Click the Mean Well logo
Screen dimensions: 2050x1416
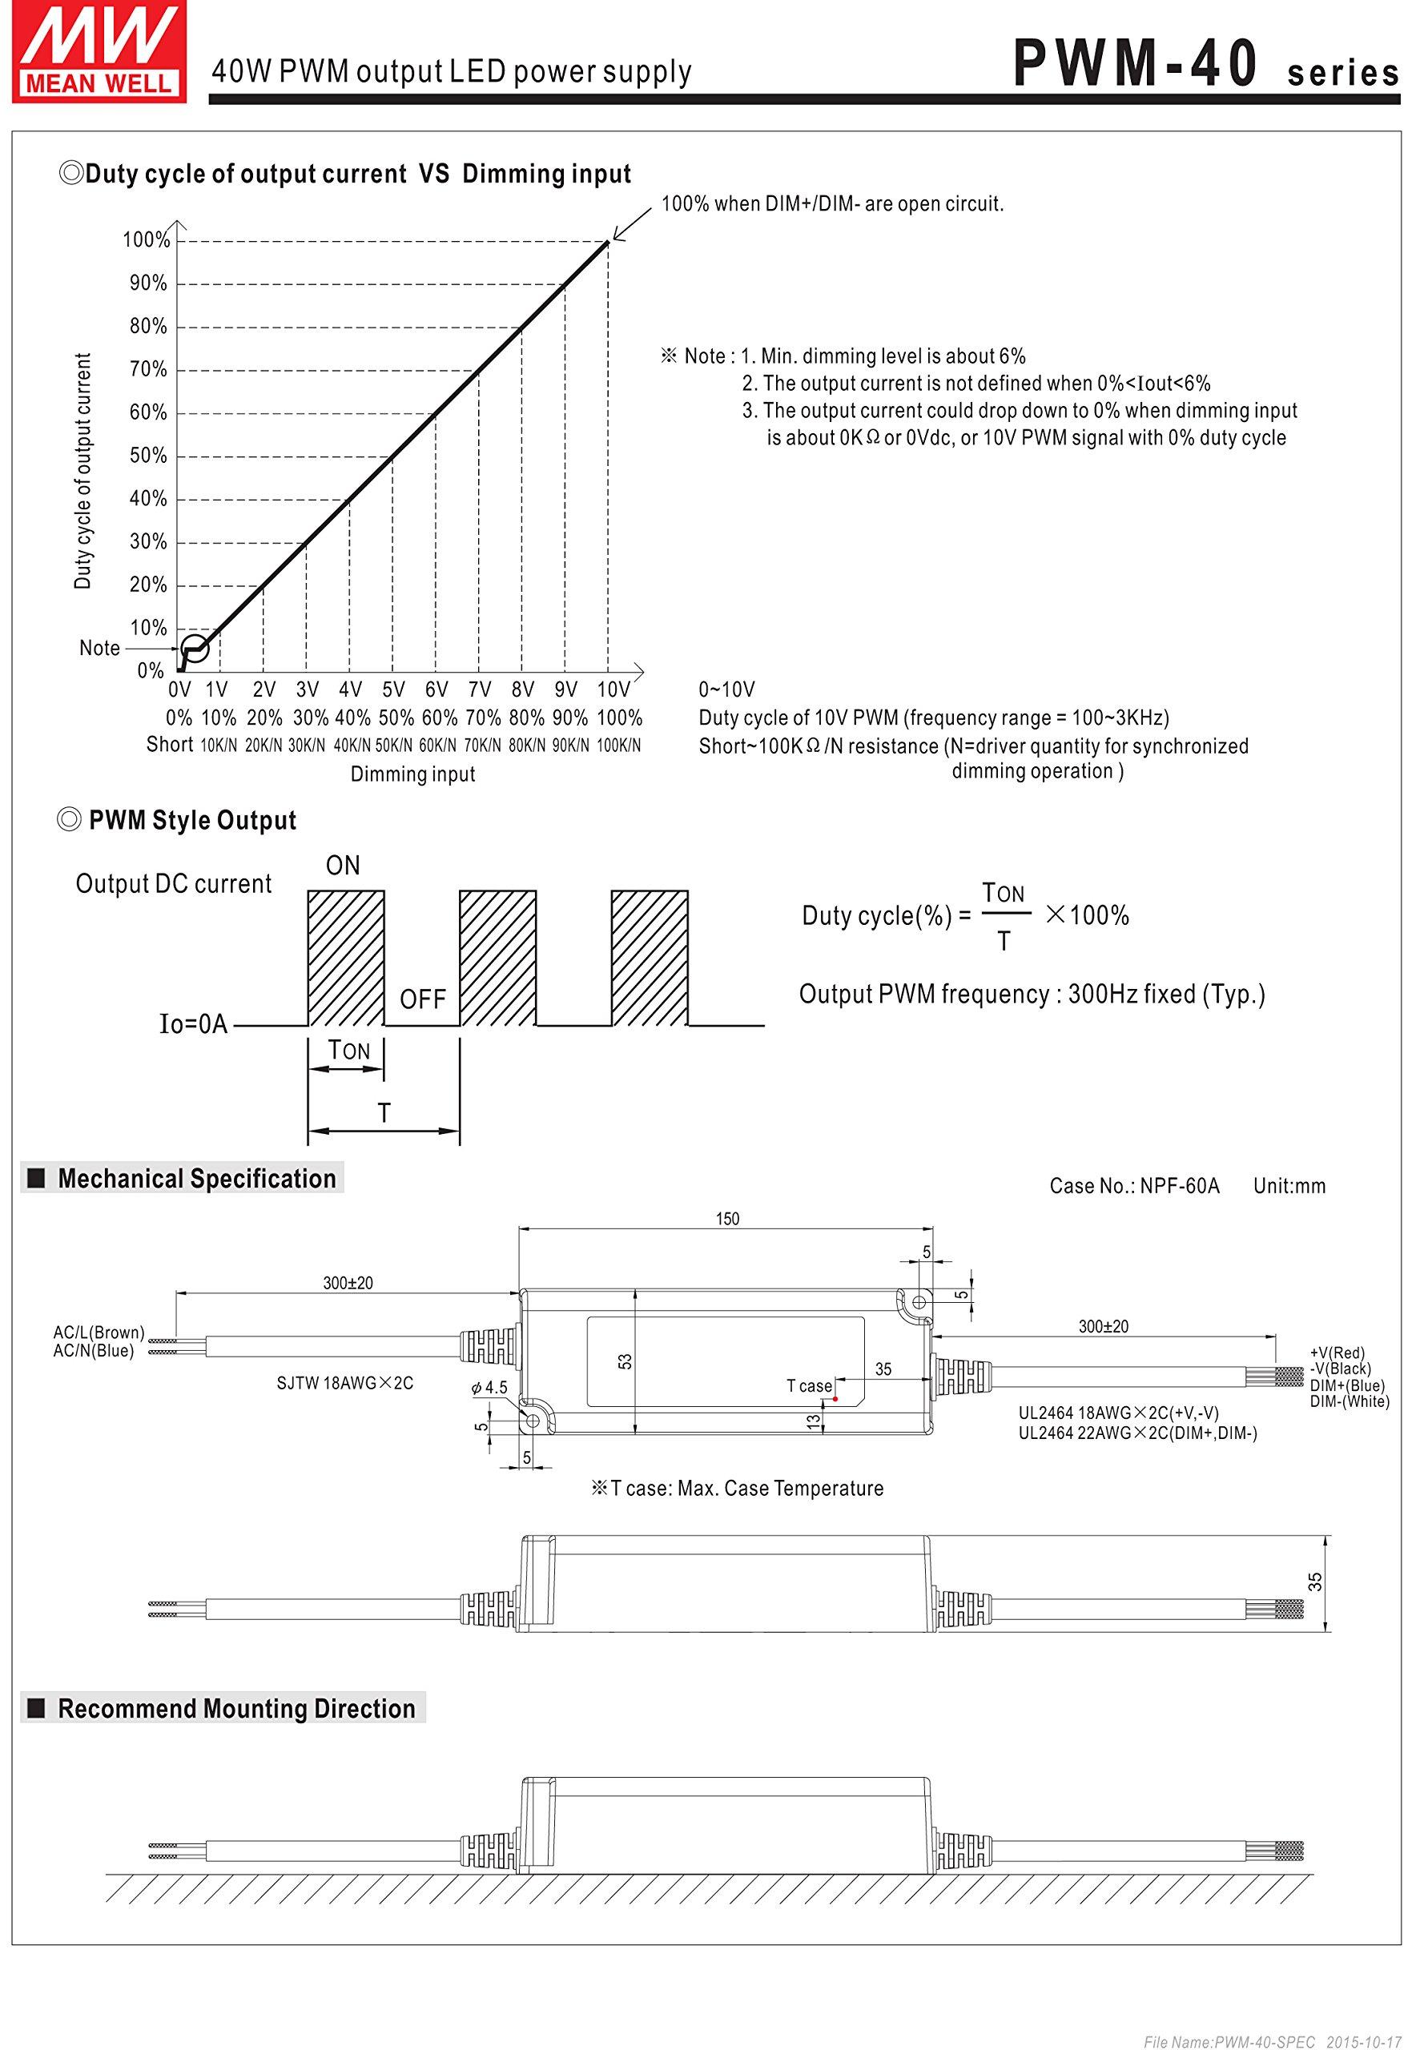99,50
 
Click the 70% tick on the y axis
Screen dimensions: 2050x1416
148,369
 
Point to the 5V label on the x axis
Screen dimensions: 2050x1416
393,689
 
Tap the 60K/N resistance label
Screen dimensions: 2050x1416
437,746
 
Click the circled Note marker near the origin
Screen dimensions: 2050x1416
195,648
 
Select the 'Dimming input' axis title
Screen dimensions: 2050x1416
412,774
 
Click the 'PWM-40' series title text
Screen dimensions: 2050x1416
1135,64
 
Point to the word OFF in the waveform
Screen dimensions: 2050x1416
422,999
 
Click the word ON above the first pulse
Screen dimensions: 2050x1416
343,866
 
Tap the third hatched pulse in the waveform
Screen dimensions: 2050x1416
649,958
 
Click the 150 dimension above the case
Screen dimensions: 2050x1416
726,1219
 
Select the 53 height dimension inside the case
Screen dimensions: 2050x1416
626,1361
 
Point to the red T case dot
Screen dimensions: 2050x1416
835,1399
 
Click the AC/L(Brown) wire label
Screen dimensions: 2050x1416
99,1332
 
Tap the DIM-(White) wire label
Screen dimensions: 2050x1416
1350,1401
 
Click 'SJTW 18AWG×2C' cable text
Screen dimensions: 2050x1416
344,1383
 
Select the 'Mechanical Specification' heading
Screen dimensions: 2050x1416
196,1179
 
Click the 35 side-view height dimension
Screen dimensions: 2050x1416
1315,1582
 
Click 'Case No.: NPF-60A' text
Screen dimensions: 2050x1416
1134,1186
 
